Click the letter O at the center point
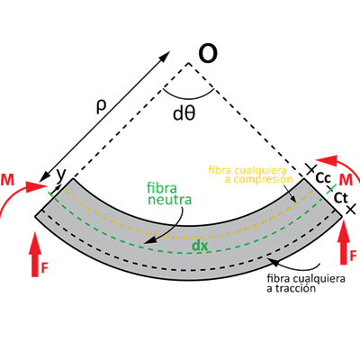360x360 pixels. pos(208,54)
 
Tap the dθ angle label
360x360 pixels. pos(184,113)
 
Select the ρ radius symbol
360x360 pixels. pos(101,107)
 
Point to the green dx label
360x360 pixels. pos(200,246)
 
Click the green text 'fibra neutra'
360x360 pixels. pos(169,193)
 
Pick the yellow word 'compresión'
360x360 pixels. pos(263,179)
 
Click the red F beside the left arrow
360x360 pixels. pos(44,268)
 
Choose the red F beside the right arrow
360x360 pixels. pos(353,256)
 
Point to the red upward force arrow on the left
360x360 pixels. pos(35,254)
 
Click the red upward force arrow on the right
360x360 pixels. pos(344,242)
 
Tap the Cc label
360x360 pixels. pos(323,178)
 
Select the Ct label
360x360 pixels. pos(340,198)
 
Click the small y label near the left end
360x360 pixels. pos(60,175)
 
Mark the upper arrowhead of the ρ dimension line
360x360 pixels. pos(166,55)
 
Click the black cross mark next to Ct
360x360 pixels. pos(351,209)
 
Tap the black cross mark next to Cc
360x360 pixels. pos(310,169)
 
